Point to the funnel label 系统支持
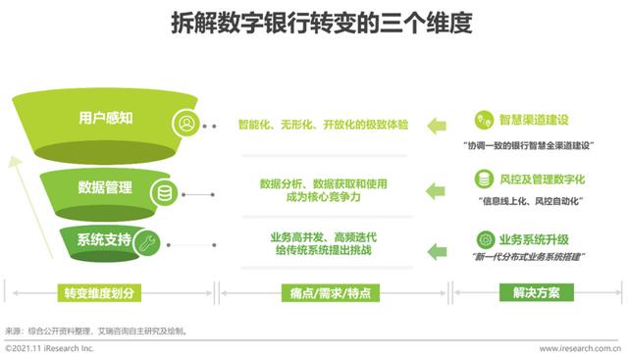(x=104, y=240)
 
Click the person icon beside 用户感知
(x=184, y=125)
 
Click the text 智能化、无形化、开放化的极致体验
(x=324, y=126)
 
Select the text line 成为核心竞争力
(x=324, y=197)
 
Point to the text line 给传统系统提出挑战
(x=324, y=251)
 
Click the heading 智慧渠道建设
(x=533, y=120)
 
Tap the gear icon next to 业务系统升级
(x=485, y=239)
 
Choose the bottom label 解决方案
(x=536, y=292)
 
